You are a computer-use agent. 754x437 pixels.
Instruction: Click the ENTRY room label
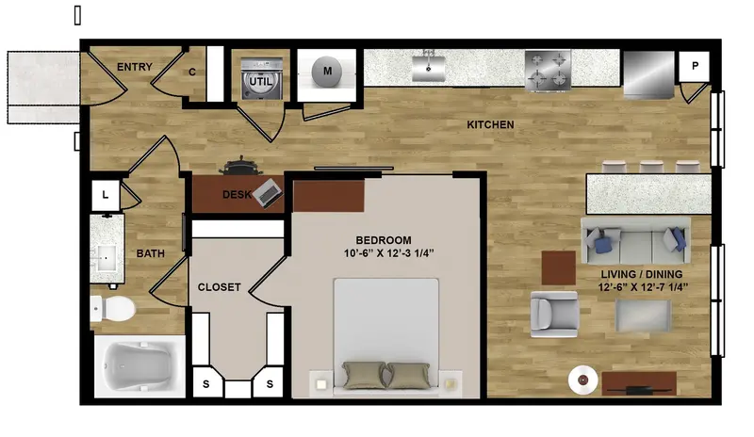pyautogui.click(x=135, y=67)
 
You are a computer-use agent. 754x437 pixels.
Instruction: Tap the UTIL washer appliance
pyautogui.click(x=261, y=79)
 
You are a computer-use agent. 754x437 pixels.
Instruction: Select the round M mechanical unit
pyautogui.click(x=327, y=72)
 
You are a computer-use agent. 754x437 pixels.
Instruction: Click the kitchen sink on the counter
pyautogui.click(x=429, y=67)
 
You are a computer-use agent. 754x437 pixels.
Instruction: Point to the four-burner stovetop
pyautogui.click(x=549, y=71)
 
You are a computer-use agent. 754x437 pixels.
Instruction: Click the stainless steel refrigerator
pyautogui.click(x=648, y=74)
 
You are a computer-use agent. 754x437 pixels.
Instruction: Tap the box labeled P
pyautogui.click(x=695, y=66)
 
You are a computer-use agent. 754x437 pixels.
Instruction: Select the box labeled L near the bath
pyautogui.click(x=106, y=195)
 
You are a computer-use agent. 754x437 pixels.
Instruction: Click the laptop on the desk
pyautogui.click(x=269, y=193)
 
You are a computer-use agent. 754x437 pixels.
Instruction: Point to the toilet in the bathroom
pyautogui.click(x=112, y=309)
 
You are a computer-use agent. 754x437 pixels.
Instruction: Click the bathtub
pyautogui.click(x=139, y=366)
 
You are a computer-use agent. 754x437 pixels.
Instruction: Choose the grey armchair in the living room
pyautogui.click(x=554, y=314)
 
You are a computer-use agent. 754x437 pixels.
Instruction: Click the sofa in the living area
pyautogui.click(x=635, y=240)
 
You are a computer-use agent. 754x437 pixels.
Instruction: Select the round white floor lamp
pyautogui.click(x=582, y=380)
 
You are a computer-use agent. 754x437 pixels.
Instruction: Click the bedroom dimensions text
pyautogui.click(x=389, y=252)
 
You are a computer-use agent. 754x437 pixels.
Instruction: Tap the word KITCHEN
pyautogui.click(x=490, y=124)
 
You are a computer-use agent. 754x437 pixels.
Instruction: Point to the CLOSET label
pyautogui.click(x=220, y=287)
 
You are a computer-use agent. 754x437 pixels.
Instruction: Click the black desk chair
pyautogui.click(x=241, y=166)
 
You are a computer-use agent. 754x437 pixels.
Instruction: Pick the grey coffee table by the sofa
pyautogui.click(x=644, y=316)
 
